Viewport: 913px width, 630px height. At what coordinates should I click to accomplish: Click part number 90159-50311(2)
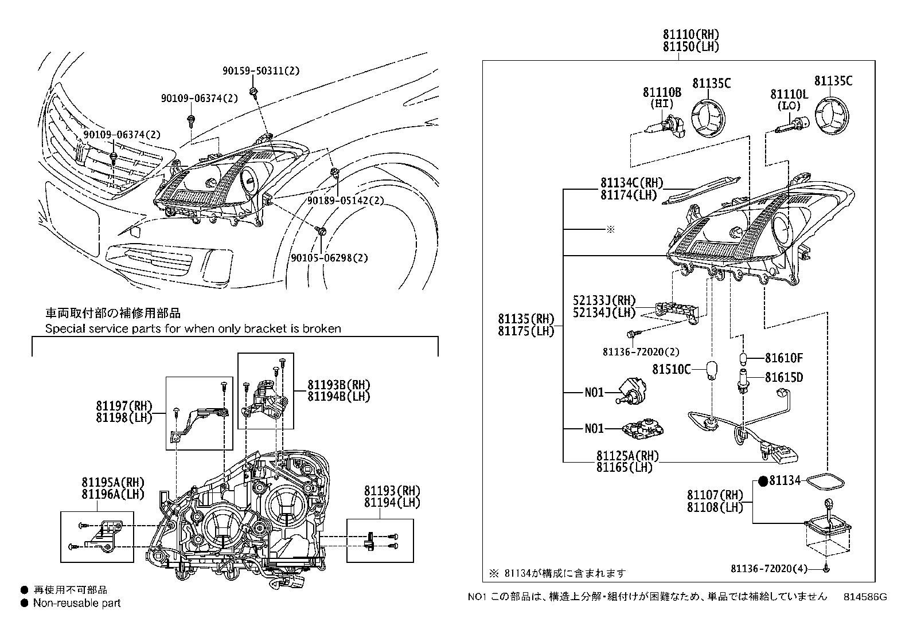[x=261, y=71]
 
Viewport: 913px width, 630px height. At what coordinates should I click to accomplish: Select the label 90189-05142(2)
[x=345, y=201]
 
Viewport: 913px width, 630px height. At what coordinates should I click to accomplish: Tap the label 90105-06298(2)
[x=329, y=258]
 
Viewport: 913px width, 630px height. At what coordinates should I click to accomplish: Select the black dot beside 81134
[x=762, y=481]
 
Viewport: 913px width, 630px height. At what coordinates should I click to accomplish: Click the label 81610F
[x=783, y=358]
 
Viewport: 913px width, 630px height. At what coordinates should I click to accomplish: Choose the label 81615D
[x=783, y=377]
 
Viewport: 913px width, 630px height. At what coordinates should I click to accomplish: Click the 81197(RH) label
[x=124, y=406]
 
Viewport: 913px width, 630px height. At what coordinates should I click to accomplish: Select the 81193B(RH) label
[x=338, y=385]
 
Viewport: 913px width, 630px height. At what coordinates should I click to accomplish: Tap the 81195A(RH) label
[x=112, y=482]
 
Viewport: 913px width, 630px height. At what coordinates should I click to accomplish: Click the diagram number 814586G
[x=865, y=597]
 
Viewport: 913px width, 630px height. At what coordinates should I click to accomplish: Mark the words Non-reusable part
[x=77, y=603]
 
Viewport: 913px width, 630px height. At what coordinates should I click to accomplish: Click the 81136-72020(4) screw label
[x=768, y=569]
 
